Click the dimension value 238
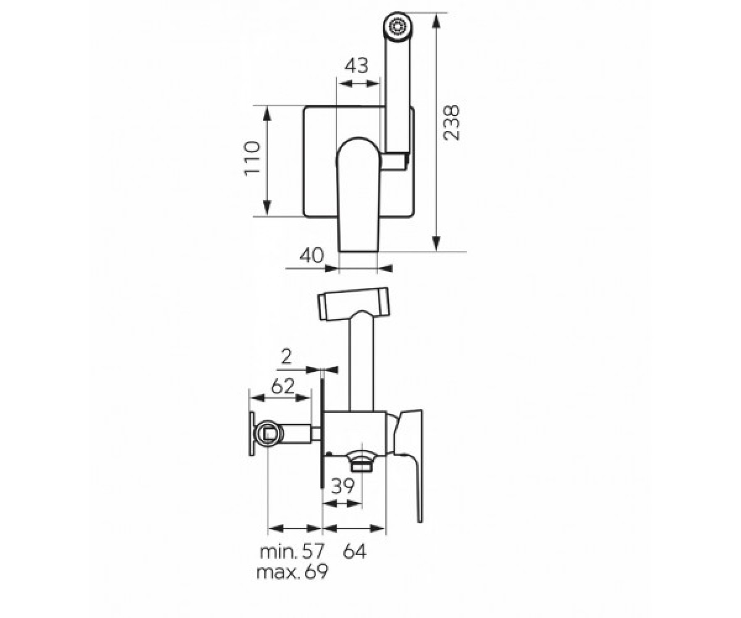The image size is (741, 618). (452, 122)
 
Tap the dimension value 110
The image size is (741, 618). (253, 158)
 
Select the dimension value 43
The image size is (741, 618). (356, 66)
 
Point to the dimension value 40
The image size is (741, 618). (312, 255)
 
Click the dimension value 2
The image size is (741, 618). (286, 357)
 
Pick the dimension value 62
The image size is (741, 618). (283, 386)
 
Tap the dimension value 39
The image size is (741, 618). (343, 486)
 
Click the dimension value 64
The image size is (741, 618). (354, 552)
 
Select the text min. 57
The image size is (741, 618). (292, 552)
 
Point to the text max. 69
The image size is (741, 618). (292, 572)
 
